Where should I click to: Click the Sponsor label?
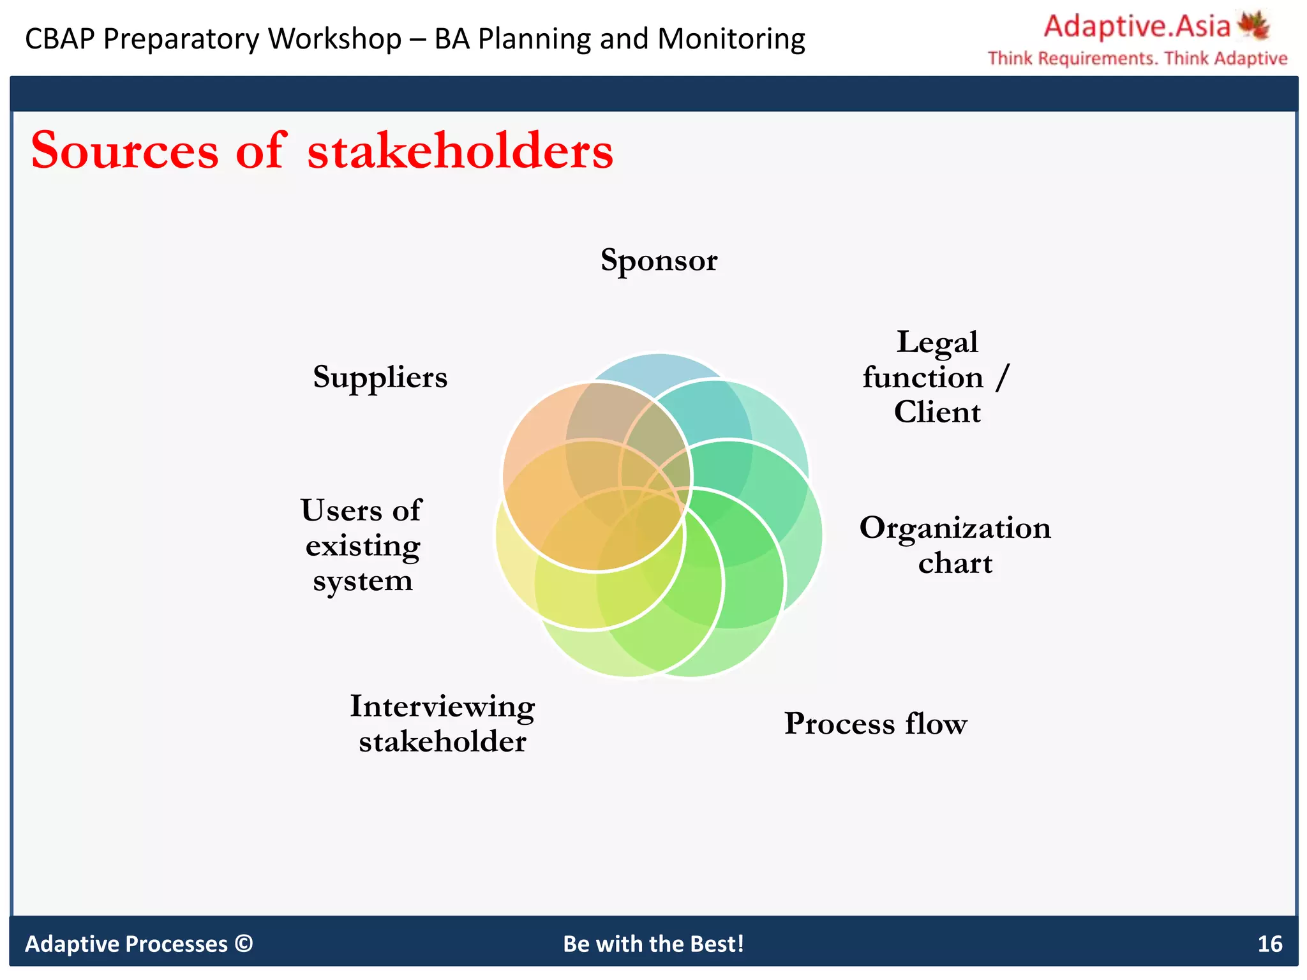click(659, 260)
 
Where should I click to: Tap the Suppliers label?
click(380, 377)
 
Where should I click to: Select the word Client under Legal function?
click(937, 412)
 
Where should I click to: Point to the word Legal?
click(937, 343)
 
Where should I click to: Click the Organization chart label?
click(955, 545)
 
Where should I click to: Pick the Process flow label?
click(876, 724)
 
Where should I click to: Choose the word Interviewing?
click(442, 706)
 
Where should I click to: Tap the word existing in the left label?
click(362, 546)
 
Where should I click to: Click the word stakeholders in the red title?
click(459, 151)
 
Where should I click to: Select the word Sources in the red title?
click(125, 151)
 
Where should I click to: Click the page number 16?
click(1269, 944)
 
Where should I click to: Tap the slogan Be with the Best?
click(653, 944)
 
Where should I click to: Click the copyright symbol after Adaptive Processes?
click(244, 943)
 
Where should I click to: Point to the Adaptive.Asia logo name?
click(1137, 27)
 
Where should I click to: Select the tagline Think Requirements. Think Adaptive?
click(1137, 59)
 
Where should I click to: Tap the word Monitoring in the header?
click(731, 39)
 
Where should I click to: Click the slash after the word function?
click(1003, 377)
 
